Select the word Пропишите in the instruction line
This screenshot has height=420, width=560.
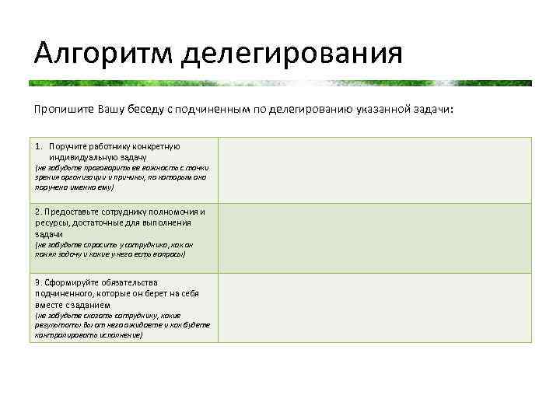coord(64,110)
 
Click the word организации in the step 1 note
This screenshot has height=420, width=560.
coord(89,177)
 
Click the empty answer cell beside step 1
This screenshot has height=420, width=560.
coord(375,170)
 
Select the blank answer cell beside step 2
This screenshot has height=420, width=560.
coord(375,238)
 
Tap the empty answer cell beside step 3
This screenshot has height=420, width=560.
coord(375,308)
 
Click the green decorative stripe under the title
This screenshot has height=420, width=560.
coord(280,82)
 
